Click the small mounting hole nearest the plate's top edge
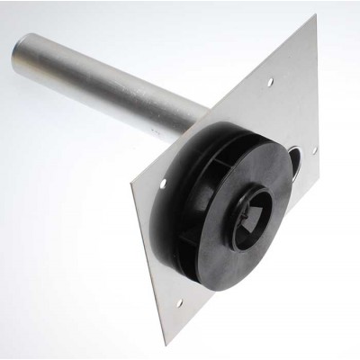270,82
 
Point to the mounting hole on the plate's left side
162,185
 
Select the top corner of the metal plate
314,16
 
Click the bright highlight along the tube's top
99,59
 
